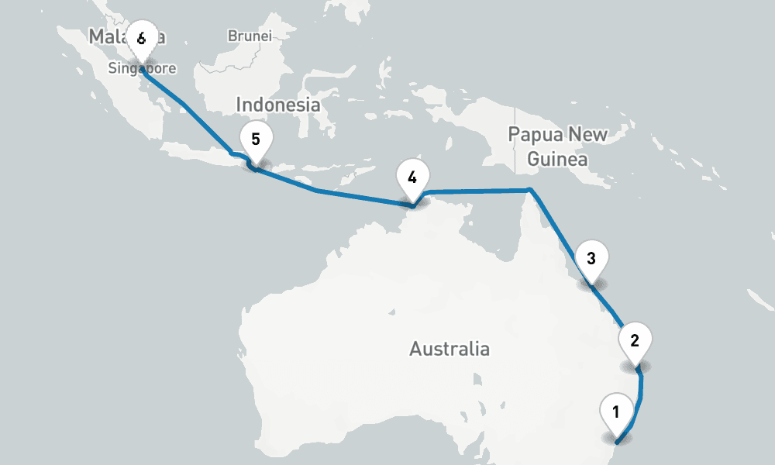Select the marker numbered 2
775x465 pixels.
pos(635,340)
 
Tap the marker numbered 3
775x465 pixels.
pos(591,259)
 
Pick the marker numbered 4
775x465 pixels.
pos(412,177)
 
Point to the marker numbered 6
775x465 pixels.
pos(141,39)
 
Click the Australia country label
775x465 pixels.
pos(449,349)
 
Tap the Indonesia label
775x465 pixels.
pos(277,105)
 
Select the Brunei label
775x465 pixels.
pos(250,36)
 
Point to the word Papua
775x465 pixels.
pos(536,134)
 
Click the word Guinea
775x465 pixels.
pos(556,160)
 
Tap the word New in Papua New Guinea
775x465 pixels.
pos(587,134)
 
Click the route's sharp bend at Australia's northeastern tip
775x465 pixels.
pos(529,189)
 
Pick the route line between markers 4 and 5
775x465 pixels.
pos(333,193)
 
